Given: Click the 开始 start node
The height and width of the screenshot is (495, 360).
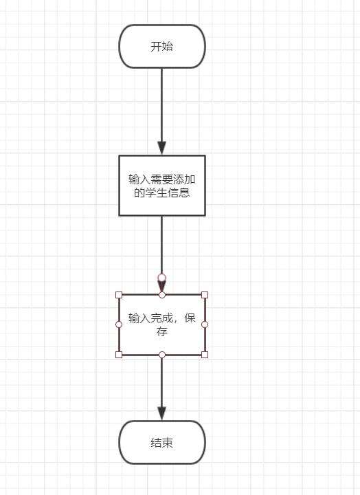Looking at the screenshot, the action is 162,47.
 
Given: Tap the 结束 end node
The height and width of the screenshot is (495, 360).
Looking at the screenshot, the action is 162,442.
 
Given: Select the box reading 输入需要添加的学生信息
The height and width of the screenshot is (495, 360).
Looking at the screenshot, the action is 162,186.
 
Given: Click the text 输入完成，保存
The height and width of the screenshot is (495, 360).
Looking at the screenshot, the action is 162,324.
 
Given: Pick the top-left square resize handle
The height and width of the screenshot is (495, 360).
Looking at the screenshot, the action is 119,295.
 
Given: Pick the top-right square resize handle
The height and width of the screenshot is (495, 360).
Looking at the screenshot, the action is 205,295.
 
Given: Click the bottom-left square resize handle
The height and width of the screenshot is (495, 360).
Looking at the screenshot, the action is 119,355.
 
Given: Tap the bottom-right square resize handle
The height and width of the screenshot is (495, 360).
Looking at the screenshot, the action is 205,355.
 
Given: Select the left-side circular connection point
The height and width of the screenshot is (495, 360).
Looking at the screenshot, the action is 119,324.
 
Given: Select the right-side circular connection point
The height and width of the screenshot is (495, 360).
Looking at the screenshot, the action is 205,324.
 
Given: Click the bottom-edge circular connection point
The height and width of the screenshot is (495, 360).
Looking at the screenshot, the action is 162,355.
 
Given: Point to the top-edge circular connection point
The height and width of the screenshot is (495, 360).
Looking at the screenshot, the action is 162,295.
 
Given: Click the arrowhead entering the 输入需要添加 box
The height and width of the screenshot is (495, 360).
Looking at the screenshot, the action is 162,148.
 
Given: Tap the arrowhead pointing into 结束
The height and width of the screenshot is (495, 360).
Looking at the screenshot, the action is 162,414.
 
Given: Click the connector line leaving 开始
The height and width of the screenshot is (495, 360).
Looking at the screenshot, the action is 162,111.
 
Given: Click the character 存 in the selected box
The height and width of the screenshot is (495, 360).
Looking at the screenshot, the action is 162,332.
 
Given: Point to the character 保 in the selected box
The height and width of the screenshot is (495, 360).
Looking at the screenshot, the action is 190,318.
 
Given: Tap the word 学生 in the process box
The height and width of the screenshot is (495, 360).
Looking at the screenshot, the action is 156,192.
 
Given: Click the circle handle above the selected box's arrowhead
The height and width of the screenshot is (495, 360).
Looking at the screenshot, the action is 162,278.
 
